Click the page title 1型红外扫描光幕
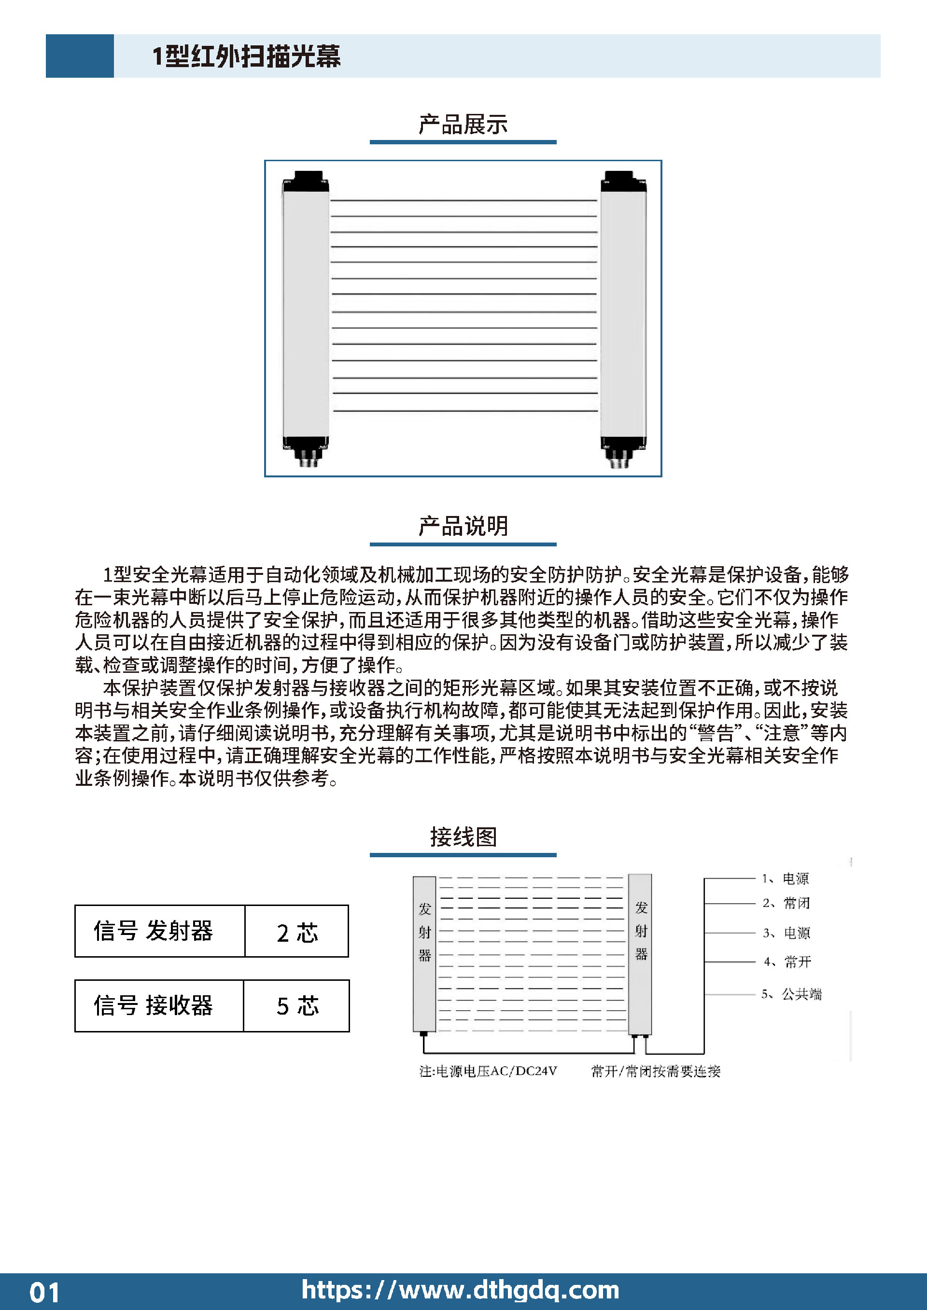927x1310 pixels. (x=247, y=56)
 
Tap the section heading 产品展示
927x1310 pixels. (x=463, y=125)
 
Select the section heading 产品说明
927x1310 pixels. (x=463, y=526)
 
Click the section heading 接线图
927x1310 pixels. (x=463, y=836)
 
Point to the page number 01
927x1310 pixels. (x=44, y=1292)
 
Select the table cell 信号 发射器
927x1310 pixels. (x=160, y=931)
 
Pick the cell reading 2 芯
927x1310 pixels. (x=297, y=931)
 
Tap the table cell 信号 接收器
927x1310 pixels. (x=159, y=1006)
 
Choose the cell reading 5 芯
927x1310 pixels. (x=297, y=1006)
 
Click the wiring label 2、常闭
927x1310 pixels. (x=786, y=903)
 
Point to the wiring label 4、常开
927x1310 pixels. (x=787, y=962)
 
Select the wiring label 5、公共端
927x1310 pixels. (x=791, y=994)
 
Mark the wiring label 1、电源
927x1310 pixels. (x=786, y=878)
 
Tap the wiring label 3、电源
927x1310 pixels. (x=787, y=933)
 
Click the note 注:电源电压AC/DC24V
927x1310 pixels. (x=488, y=1071)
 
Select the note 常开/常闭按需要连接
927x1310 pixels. (x=656, y=1071)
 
